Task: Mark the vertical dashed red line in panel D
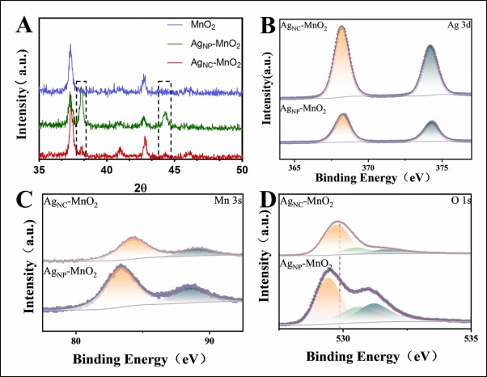click(x=340, y=275)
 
